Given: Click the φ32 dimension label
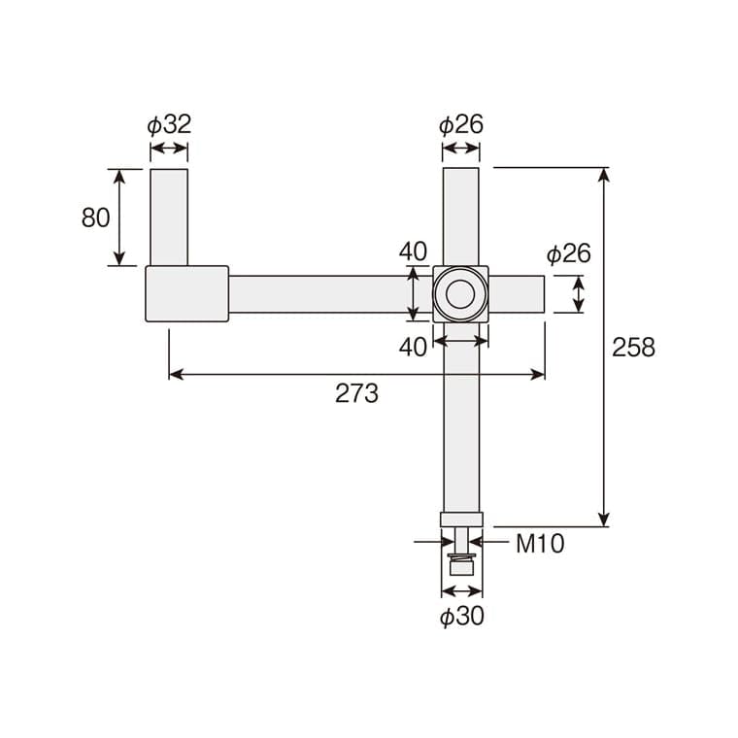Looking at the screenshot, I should pos(169,124).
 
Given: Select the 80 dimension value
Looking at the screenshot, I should pos(95,218).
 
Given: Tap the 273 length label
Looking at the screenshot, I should pos(356,393).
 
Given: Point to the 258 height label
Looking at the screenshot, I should pos(633,347).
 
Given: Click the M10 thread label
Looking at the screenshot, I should pos(539,544).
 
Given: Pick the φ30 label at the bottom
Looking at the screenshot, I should pos(461,616).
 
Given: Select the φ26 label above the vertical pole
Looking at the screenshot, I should pos(460,124).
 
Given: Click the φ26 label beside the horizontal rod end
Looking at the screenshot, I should pos(568,254).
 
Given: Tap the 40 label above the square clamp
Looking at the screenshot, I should pos(413,251).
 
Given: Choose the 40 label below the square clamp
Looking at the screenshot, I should pos(413,347).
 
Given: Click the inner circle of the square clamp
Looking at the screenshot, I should pos(460,293).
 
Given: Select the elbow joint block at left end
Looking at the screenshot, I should pos(186,293).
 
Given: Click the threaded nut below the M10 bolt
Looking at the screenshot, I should pos(460,562).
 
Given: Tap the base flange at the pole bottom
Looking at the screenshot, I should pos(460,520).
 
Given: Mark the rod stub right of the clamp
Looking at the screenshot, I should pos(516,293).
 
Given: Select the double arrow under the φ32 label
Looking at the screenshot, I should pos(169,150).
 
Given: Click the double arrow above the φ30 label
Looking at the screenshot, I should pos(460,590).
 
